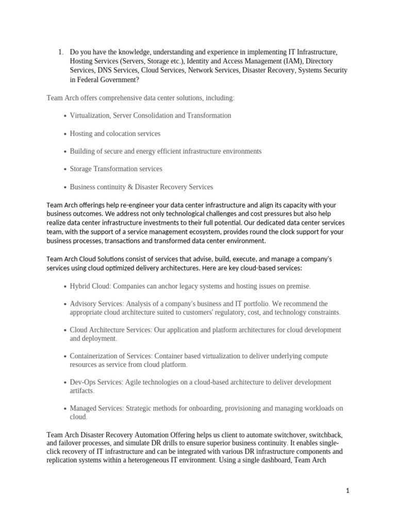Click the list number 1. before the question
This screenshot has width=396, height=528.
point(60,52)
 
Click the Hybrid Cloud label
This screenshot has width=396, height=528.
point(90,286)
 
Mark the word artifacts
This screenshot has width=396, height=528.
point(82,391)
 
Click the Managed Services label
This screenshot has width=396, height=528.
point(96,408)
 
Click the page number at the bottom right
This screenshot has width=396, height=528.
point(348,491)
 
